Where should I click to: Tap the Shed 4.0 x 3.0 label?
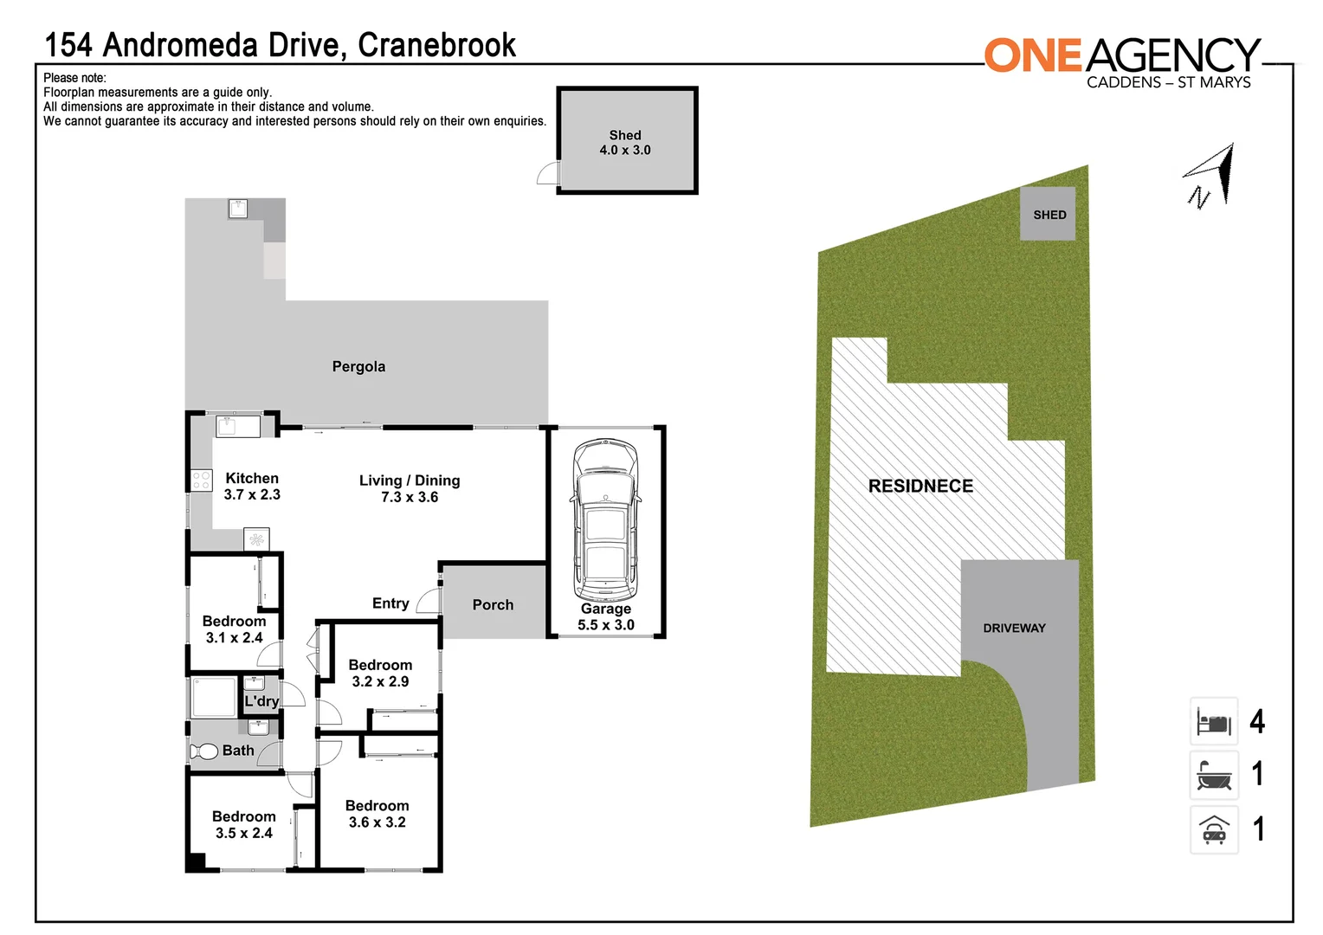pyautogui.click(x=625, y=143)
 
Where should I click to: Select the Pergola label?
pyautogui.click(x=358, y=367)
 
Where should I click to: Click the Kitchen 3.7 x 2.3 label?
pyautogui.click(x=252, y=487)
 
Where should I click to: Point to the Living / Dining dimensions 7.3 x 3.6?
pyautogui.click(x=410, y=498)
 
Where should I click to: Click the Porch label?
pyautogui.click(x=493, y=605)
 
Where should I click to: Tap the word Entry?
pyautogui.click(x=390, y=603)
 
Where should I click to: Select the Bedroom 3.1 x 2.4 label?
pyautogui.click(x=234, y=629)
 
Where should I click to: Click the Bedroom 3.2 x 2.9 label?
pyautogui.click(x=380, y=674)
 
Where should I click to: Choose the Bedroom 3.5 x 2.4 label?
pyautogui.click(x=244, y=825)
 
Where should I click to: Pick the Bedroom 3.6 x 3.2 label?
pyautogui.click(x=377, y=815)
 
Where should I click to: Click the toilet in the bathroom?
pyautogui.click(x=204, y=751)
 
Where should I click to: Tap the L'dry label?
pyautogui.click(x=261, y=701)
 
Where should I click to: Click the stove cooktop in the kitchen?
pyautogui.click(x=201, y=480)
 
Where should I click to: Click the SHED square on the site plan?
pyautogui.click(x=1048, y=214)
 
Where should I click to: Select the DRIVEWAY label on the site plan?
pyautogui.click(x=1014, y=629)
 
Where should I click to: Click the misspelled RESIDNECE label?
pyautogui.click(x=920, y=487)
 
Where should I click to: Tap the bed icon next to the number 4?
pyautogui.click(x=1214, y=722)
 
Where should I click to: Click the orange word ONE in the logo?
pyautogui.click(x=1034, y=56)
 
